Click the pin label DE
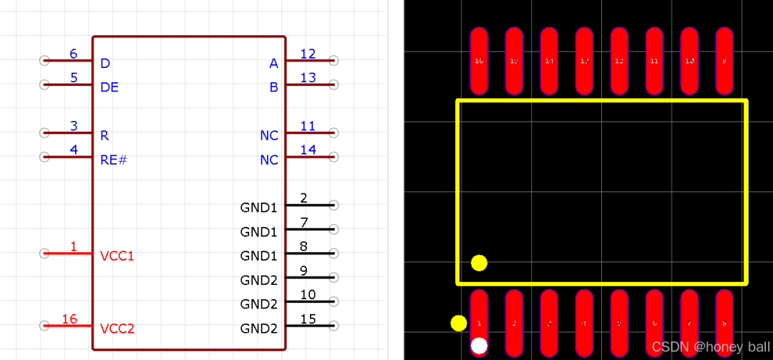coord(110,87)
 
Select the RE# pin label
coord(113,160)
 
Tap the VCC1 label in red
coord(117,256)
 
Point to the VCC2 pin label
coord(117,329)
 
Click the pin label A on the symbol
coord(273,64)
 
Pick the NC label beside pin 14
coord(269,160)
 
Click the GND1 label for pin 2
coord(258,208)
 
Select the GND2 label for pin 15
coord(258,329)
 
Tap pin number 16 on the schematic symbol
coord(69,319)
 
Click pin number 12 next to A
coord(308,54)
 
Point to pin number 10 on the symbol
coord(308,294)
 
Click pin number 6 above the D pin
coord(73,54)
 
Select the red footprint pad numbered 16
coord(479,61)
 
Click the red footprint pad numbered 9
coord(724,61)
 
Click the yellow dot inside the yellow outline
coord(479,263)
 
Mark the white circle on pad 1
coord(479,346)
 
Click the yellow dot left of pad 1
coord(458,323)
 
